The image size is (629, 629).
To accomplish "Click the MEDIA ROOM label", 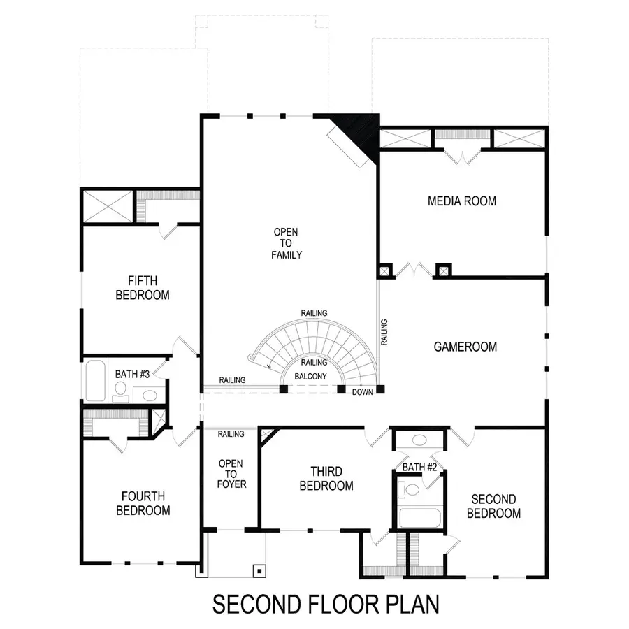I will click(462, 201).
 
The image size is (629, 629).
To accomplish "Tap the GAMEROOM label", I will click(465, 347).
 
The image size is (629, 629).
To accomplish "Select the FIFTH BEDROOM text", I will click(143, 288).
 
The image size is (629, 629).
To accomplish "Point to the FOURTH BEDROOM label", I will click(143, 503).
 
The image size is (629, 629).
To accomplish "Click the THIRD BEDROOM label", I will click(326, 479).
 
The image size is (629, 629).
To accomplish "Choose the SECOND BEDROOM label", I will click(493, 506).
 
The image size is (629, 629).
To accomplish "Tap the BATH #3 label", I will click(132, 375).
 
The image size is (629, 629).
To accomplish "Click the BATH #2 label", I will click(419, 467).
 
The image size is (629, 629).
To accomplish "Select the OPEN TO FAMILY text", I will click(287, 243).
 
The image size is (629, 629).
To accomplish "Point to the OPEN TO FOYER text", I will click(231, 473).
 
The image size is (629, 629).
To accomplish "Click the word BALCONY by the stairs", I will click(310, 376).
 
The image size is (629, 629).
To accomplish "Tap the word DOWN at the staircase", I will click(363, 392).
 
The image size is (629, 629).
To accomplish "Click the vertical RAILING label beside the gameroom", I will click(384, 332).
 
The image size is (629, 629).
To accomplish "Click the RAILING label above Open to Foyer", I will click(231, 434).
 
